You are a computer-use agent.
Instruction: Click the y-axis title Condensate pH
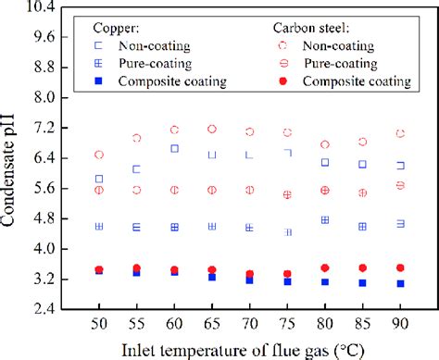click(x=13, y=157)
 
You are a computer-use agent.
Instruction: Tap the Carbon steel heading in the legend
click(x=315, y=29)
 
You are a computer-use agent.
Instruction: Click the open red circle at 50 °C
click(x=98, y=155)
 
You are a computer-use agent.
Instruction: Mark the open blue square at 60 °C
click(x=174, y=148)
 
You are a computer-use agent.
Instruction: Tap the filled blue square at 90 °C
click(x=400, y=283)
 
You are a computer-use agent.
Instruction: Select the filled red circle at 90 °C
click(x=400, y=267)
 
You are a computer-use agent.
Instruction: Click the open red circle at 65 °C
click(x=212, y=129)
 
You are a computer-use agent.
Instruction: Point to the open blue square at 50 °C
click(x=98, y=179)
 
